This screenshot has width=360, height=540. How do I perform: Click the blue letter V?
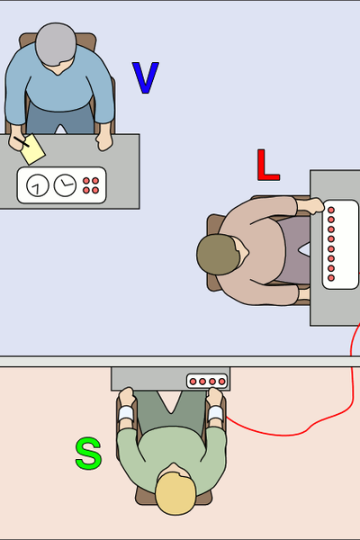coord(146,77)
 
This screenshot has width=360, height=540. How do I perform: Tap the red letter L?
coord(267,166)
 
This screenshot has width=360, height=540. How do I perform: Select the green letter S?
coord(88,454)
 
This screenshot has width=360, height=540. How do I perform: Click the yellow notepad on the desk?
coord(32,149)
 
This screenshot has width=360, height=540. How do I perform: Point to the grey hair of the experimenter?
coord(56,44)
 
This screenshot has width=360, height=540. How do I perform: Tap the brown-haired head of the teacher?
coord(218,254)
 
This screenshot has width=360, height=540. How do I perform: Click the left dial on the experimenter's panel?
coord(38,185)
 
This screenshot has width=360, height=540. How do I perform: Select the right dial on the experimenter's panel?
coord(65,185)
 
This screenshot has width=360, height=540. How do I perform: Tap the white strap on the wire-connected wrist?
coord(216,412)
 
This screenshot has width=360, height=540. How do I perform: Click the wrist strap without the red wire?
coord(126,413)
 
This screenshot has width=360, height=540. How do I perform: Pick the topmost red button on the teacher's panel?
coord(331,210)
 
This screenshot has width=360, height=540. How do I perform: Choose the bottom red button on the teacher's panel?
coord(331,277)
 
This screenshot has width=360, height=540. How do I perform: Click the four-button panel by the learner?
coord(207,382)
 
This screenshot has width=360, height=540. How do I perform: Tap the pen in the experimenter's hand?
coord(22,141)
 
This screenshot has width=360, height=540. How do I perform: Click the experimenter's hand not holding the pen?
coord(104,141)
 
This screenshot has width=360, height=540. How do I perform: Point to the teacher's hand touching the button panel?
coord(311,205)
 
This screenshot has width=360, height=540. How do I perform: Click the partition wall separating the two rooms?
coord(180,361)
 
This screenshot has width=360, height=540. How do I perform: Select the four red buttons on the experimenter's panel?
coord(91,185)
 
